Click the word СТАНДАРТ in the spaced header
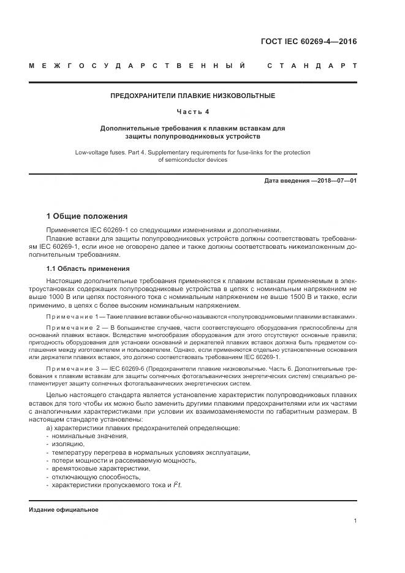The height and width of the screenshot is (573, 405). tap(312, 66)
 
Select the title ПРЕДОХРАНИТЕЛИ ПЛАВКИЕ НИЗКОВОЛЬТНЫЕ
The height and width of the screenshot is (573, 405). tap(192, 96)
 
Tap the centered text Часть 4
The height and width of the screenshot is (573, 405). tap(192, 112)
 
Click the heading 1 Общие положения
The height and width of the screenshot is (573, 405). tap(87, 216)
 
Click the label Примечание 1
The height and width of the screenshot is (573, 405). tap(72, 316)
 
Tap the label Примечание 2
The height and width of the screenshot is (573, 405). tap(72, 328)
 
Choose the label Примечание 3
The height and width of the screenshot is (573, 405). tap(72, 370)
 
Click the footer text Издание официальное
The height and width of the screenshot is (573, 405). tap(63, 510)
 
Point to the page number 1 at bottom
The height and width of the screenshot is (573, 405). tap(355, 521)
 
